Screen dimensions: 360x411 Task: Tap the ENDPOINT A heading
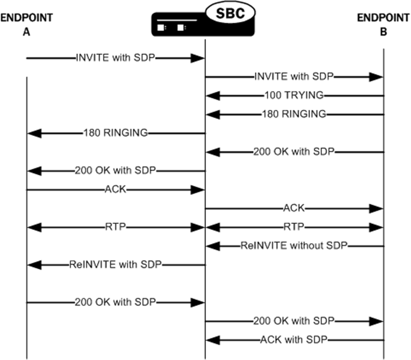(x=27, y=25)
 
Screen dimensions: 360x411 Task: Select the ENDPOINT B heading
(x=383, y=25)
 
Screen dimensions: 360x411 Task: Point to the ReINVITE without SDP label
(x=294, y=246)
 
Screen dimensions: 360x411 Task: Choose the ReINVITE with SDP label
(x=115, y=264)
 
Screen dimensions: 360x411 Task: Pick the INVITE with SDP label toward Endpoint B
(x=294, y=77)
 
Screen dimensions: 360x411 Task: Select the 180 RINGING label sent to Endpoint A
(x=115, y=132)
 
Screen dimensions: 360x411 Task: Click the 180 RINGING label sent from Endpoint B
(x=294, y=114)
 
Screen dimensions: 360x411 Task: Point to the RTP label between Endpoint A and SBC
(x=115, y=227)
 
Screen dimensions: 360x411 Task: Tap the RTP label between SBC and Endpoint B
(x=294, y=227)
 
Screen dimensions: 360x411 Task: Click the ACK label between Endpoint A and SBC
(x=115, y=190)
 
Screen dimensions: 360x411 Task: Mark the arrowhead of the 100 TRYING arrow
(x=212, y=96)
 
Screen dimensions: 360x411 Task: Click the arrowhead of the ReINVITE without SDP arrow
(x=212, y=246)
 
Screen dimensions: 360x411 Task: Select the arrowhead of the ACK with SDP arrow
(x=212, y=340)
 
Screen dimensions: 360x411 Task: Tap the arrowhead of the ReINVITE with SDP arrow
(x=33, y=264)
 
